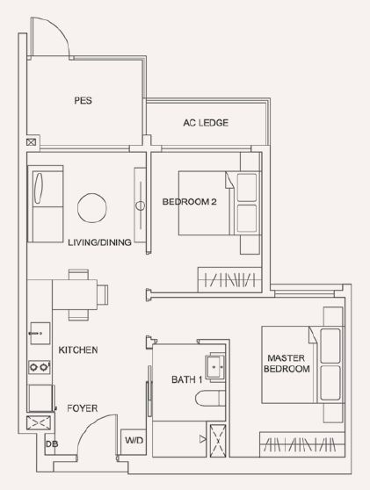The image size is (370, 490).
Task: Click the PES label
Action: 83,100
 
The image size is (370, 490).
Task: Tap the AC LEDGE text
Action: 206,123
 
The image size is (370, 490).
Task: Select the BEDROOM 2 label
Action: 189,202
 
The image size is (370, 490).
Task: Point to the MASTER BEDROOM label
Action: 287,364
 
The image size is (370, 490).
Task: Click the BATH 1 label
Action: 186,379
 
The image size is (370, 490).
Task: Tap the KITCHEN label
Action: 78,349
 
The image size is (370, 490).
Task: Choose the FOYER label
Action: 83,408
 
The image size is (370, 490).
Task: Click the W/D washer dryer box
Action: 134,442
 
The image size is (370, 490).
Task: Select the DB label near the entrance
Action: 52,443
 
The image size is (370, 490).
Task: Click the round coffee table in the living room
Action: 92,208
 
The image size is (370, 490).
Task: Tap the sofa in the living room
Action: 46,204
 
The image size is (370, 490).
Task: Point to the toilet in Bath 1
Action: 210,398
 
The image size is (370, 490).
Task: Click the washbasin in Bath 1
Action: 214,366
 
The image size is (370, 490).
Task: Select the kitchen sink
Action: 40,333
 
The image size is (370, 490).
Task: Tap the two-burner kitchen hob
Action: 40,366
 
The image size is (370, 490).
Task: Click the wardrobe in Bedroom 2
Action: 229,280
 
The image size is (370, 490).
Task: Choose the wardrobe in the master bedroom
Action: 302,444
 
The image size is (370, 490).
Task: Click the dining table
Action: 75,295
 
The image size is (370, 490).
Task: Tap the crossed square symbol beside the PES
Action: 31,142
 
